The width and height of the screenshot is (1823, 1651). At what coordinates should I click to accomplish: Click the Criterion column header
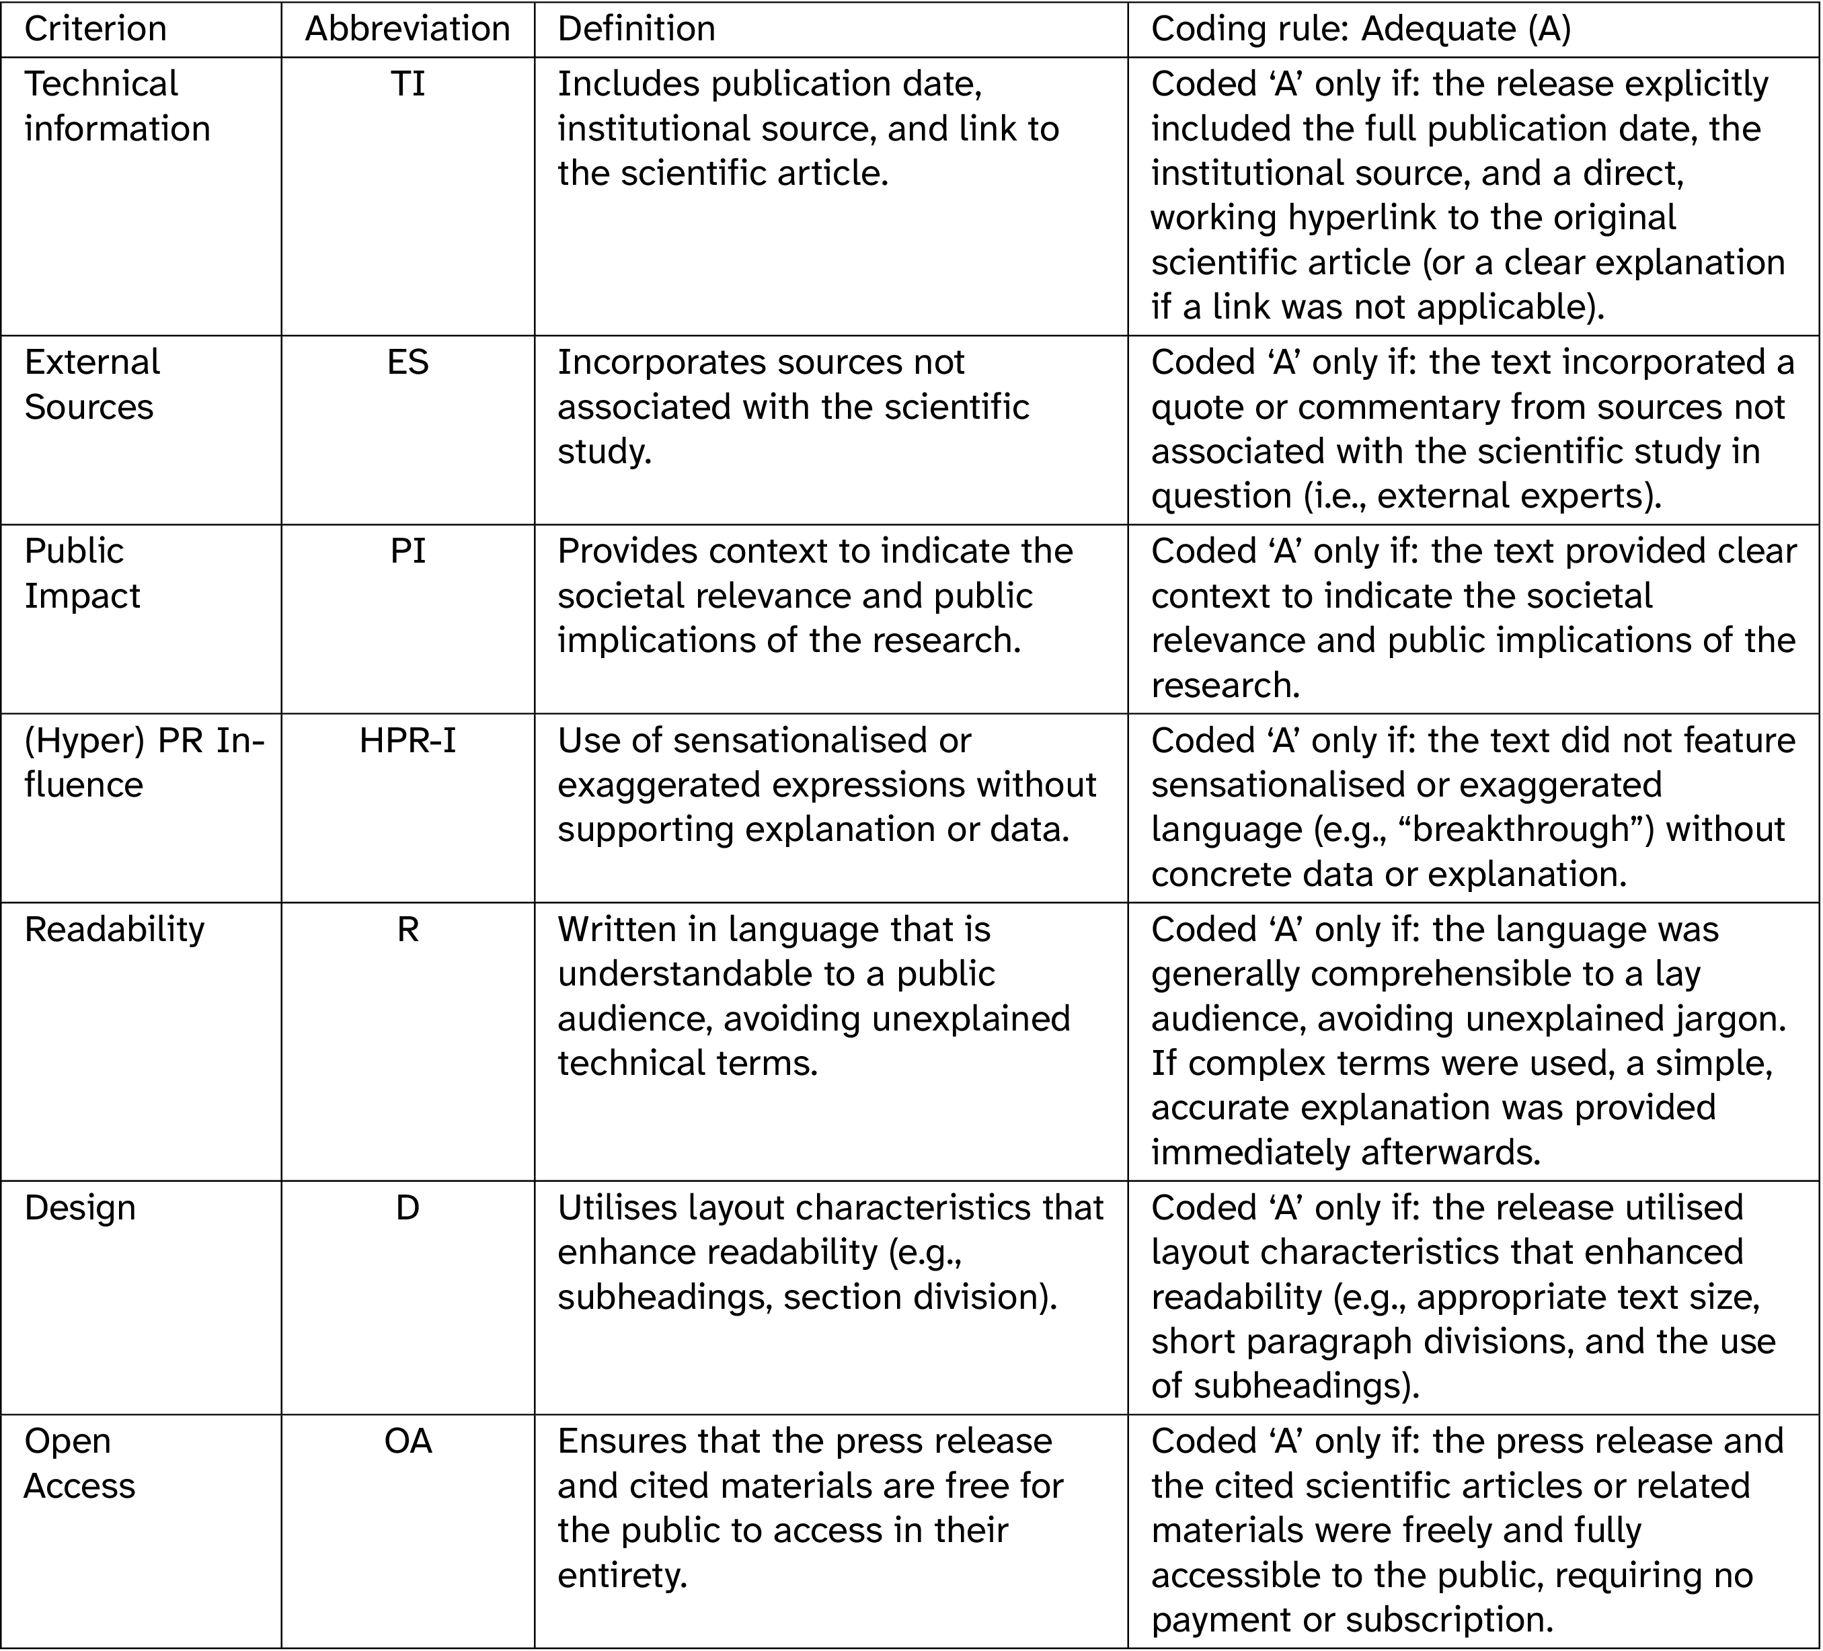pos(95,29)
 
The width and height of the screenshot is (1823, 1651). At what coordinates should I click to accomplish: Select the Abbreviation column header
pos(407,29)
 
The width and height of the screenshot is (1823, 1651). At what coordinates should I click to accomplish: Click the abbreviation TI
pos(407,84)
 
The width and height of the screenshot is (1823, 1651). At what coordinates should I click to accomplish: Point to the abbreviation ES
pos(407,362)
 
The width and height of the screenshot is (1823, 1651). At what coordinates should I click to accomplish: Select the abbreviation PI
pos(407,551)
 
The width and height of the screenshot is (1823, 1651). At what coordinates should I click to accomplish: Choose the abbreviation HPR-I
pos(407,741)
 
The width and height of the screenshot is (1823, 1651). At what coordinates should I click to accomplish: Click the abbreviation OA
pos(407,1441)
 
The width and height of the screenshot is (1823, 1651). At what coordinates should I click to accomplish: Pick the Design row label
pos(79,1208)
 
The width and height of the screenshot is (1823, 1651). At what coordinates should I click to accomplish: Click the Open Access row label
pos(79,1463)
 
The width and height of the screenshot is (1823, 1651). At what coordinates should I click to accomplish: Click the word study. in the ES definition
pos(604,451)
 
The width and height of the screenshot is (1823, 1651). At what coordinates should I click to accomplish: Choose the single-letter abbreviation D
pos(407,1208)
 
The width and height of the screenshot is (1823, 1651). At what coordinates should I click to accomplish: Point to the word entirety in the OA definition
pos(622,1575)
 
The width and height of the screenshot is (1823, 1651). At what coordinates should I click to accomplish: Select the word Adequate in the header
pos(1438,29)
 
